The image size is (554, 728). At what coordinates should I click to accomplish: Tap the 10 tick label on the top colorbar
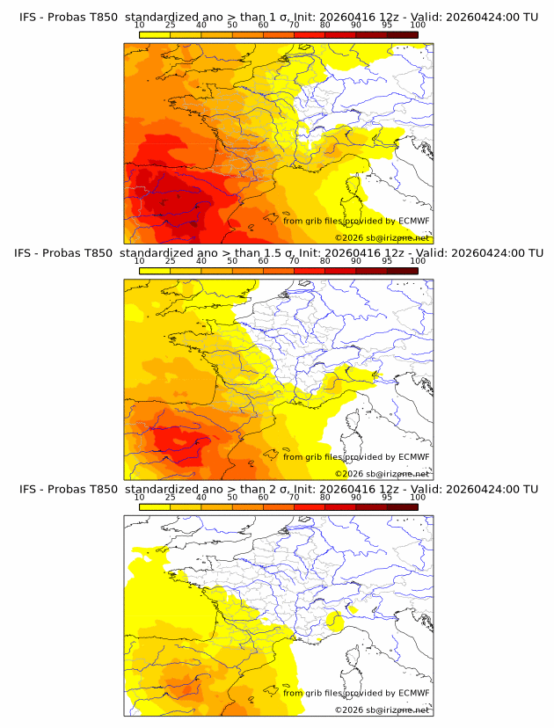click(140, 25)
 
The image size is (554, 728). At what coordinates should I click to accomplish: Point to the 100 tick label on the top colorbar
click(418, 25)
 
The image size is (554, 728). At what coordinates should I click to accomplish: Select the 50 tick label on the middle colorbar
click(232, 261)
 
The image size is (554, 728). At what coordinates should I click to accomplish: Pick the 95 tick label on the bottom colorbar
click(387, 498)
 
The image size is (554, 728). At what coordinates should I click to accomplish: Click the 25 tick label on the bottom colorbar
click(171, 498)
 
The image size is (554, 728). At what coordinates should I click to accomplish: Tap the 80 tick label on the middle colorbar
click(325, 261)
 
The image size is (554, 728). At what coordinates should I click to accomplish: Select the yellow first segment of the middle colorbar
click(155, 271)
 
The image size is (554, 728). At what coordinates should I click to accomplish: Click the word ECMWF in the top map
click(414, 221)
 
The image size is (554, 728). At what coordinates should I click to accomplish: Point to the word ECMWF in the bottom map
click(414, 693)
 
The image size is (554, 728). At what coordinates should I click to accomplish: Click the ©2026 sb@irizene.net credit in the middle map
click(383, 474)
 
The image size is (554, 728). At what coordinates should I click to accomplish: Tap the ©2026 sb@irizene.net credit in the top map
click(383, 238)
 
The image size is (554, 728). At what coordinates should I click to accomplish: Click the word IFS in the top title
click(28, 16)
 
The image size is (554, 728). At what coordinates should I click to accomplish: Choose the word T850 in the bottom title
click(101, 490)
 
